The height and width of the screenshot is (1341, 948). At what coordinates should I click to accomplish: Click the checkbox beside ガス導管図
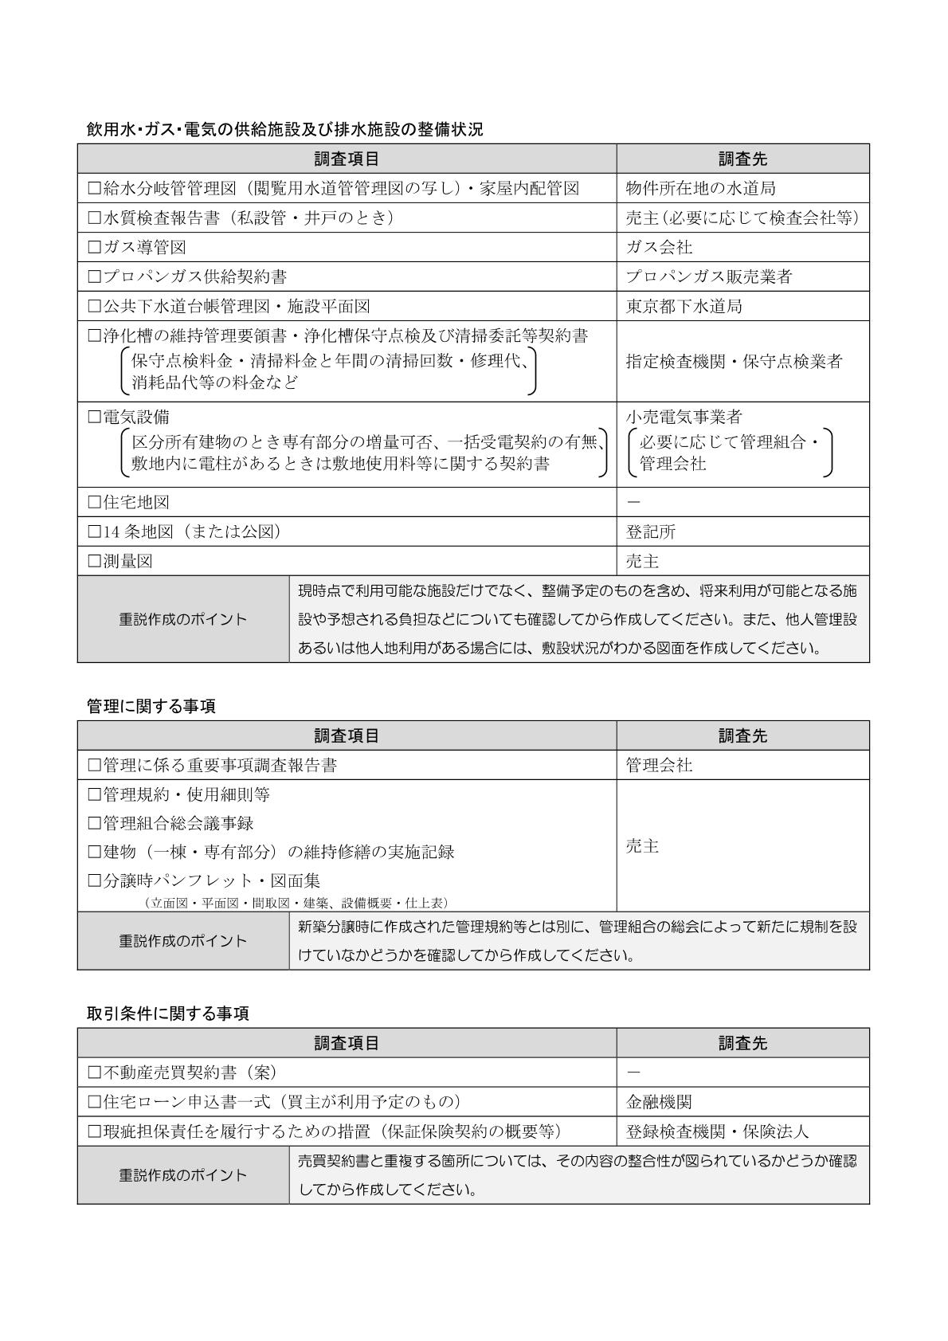click(95, 248)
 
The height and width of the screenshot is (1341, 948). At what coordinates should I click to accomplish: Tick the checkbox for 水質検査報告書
click(95, 218)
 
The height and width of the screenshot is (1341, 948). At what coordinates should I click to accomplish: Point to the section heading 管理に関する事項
click(151, 706)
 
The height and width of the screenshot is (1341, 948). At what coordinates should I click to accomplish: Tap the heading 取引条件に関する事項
click(167, 1014)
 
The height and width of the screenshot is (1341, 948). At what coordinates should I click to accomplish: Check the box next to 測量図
click(95, 562)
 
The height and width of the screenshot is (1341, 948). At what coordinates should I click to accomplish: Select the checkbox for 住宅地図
click(95, 503)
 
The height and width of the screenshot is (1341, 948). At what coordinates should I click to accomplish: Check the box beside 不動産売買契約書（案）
click(95, 1072)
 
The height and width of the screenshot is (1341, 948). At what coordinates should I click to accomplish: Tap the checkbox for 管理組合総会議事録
click(95, 823)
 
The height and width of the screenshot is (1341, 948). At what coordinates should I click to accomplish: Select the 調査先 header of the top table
click(742, 159)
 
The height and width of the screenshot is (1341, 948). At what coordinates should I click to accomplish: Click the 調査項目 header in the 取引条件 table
click(347, 1043)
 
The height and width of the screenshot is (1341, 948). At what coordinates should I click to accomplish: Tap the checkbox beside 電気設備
click(95, 417)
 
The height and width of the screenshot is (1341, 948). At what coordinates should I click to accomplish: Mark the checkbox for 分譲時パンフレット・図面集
click(95, 881)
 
